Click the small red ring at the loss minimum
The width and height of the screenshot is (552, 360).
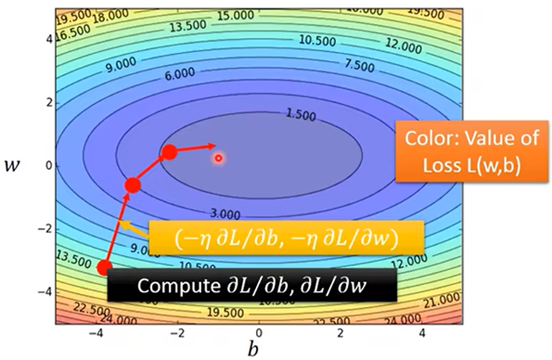click(219, 157)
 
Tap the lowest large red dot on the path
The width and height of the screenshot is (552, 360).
click(105, 267)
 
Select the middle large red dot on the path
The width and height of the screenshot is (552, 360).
click(133, 186)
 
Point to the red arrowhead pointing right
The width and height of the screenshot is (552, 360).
click(212, 145)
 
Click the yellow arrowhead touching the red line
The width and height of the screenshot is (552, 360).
click(123, 225)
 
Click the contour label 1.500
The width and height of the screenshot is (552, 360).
click(300, 115)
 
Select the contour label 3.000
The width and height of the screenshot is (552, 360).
click(225, 215)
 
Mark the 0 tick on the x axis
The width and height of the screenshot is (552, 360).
click(259, 332)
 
